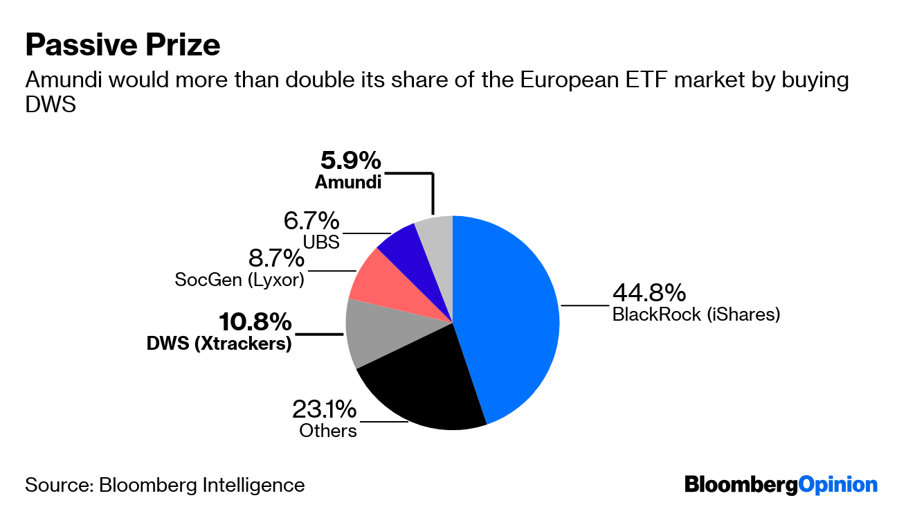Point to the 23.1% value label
click(324, 409)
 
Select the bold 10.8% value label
click(255, 322)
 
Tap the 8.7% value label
click(275, 258)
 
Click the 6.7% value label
click(311, 221)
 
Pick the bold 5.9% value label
click(350, 161)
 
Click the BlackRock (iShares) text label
click(696, 314)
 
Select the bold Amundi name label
click(348, 182)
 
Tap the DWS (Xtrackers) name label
click(219, 343)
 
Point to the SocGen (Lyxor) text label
click(239, 280)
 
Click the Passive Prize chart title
click(123, 45)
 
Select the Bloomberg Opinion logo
click(781, 484)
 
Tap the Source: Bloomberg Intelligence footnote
click(165, 484)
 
